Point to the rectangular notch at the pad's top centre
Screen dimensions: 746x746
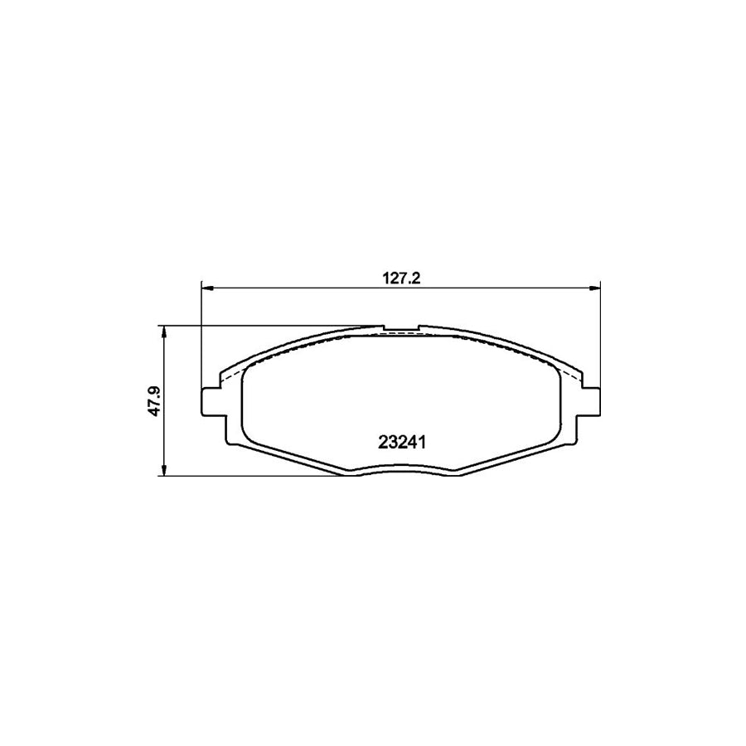[x=401, y=329]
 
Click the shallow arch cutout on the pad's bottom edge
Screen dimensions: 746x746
[x=401, y=470]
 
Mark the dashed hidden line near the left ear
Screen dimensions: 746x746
[x=235, y=378]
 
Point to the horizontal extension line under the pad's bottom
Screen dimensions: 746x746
[x=249, y=477]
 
